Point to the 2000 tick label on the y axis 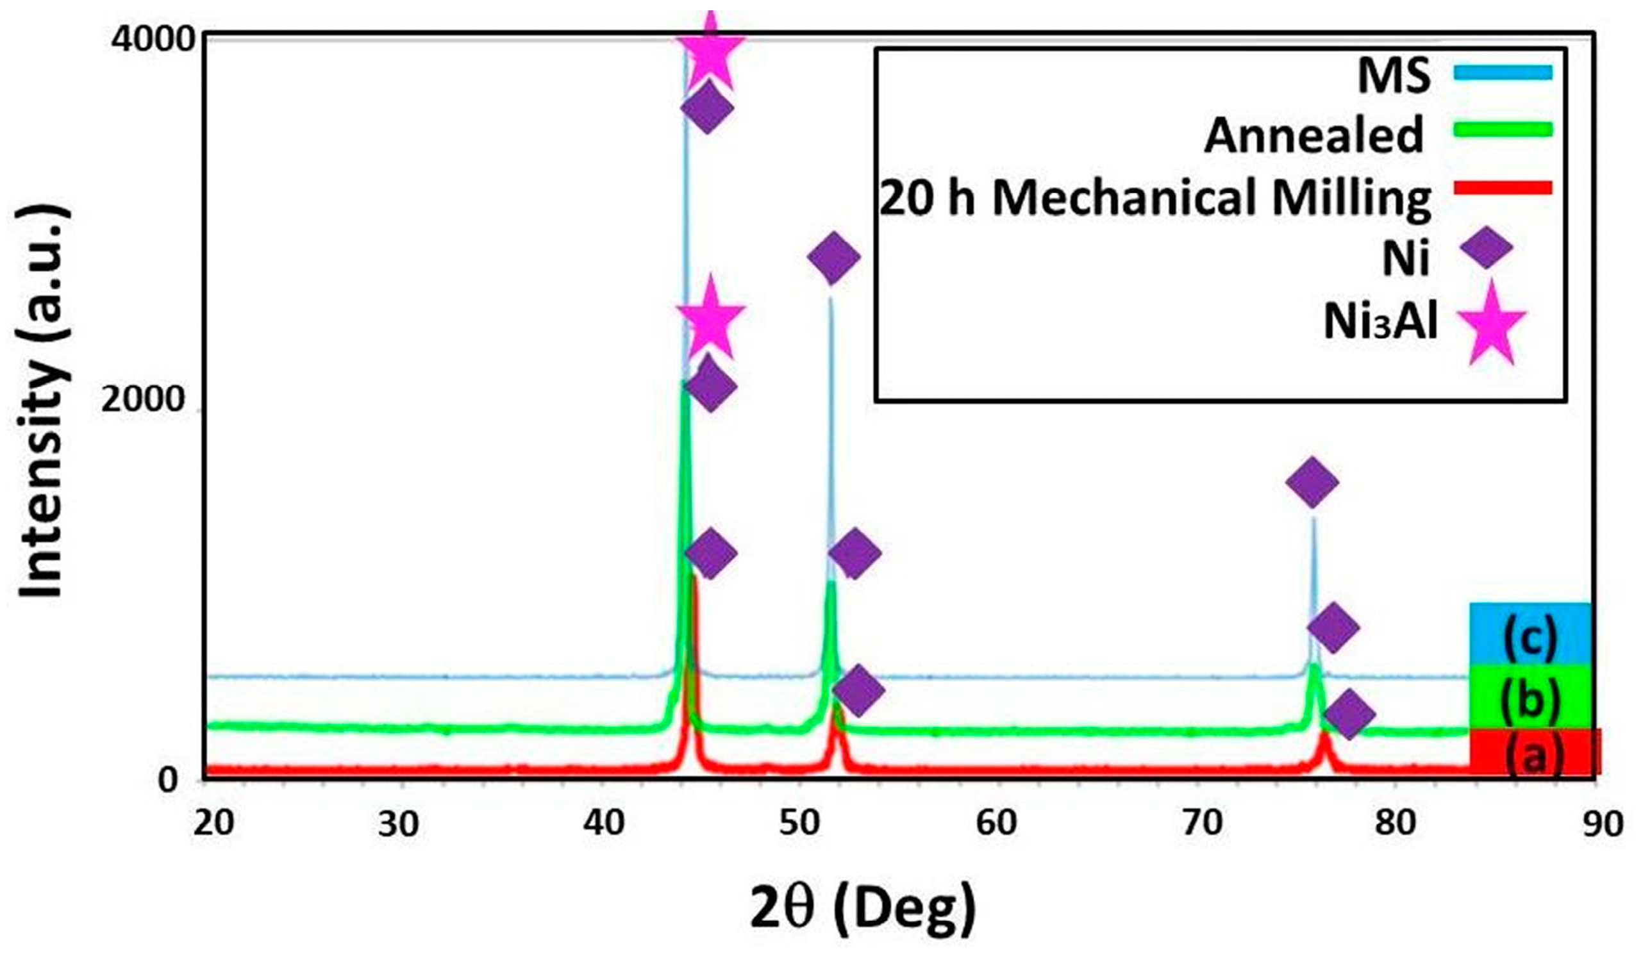pos(144,399)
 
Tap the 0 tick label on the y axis pos(169,779)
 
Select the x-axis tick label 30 pos(398,824)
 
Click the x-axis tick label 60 pos(996,823)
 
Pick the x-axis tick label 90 pos(1602,824)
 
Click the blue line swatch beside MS pos(1502,72)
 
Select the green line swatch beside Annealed pos(1502,129)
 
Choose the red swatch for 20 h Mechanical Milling pos(1502,188)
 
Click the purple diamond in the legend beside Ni pos(1485,247)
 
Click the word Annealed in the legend pos(1313,135)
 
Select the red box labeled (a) pos(1535,752)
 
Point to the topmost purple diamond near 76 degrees pos(1312,482)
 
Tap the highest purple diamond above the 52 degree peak pos(833,257)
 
